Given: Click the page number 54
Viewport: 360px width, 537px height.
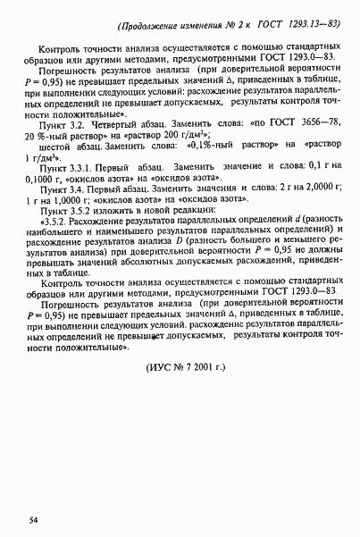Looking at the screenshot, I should coord(33,519).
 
